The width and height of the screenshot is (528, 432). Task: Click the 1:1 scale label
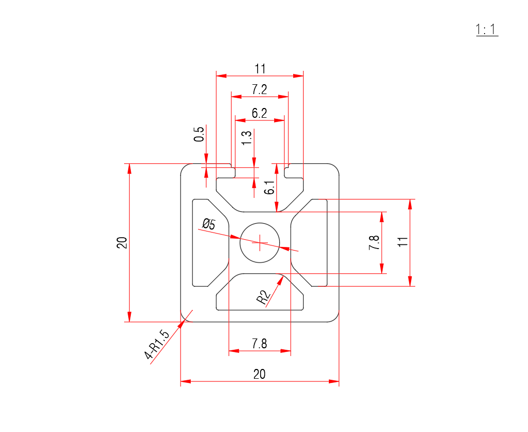[487, 30]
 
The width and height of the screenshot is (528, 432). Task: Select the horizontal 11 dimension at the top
[260, 68]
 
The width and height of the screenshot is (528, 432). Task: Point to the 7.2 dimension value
[260, 89]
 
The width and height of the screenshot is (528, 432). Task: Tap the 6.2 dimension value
[260, 113]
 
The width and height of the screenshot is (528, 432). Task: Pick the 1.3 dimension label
[247, 138]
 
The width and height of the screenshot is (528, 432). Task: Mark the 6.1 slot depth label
[268, 188]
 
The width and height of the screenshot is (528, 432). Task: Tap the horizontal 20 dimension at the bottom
[260, 375]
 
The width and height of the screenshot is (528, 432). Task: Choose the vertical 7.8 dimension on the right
[374, 242]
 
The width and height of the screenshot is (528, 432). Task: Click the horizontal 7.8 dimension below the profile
[260, 344]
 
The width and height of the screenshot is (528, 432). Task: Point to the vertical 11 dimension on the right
[403, 242]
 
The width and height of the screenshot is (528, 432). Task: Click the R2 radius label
[263, 297]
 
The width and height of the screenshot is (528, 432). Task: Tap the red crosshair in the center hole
[260, 242]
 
